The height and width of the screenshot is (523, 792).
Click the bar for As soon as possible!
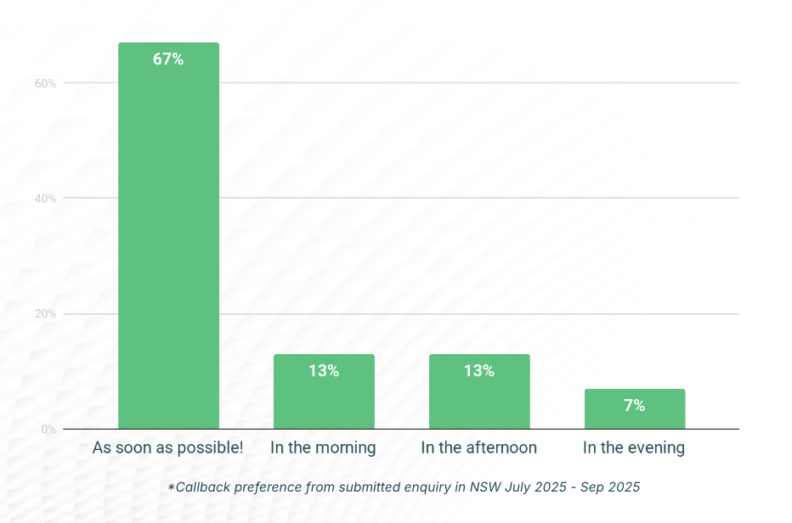pyautogui.click(x=168, y=238)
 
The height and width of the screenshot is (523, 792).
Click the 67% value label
pyautogui.click(x=168, y=59)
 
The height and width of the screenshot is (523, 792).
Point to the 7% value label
pyautogui.click(x=635, y=406)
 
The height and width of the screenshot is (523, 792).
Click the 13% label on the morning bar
pyautogui.click(x=324, y=371)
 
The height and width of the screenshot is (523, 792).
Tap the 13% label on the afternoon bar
pyautogui.click(x=479, y=371)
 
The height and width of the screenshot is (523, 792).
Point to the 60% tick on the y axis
pyautogui.click(x=45, y=83)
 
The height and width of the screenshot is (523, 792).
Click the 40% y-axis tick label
pyautogui.click(x=45, y=199)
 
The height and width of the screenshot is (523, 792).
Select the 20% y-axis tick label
pyautogui.click(x=45, y=314)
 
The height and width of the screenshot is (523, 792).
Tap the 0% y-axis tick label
pyautogui.click(x=48, y=430)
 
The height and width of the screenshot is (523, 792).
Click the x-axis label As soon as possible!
pyautogui.click(x=167, y=447)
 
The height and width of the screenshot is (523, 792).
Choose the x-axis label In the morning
pyautogui.click(x=323, y=447)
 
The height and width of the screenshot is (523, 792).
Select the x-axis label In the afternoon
pyautogui.click(x=479, y=447)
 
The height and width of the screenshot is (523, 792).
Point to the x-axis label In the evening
pyautogui.click(x=634, y=447)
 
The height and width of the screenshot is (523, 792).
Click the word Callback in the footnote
pyautogui.click(x=201, y=487)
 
